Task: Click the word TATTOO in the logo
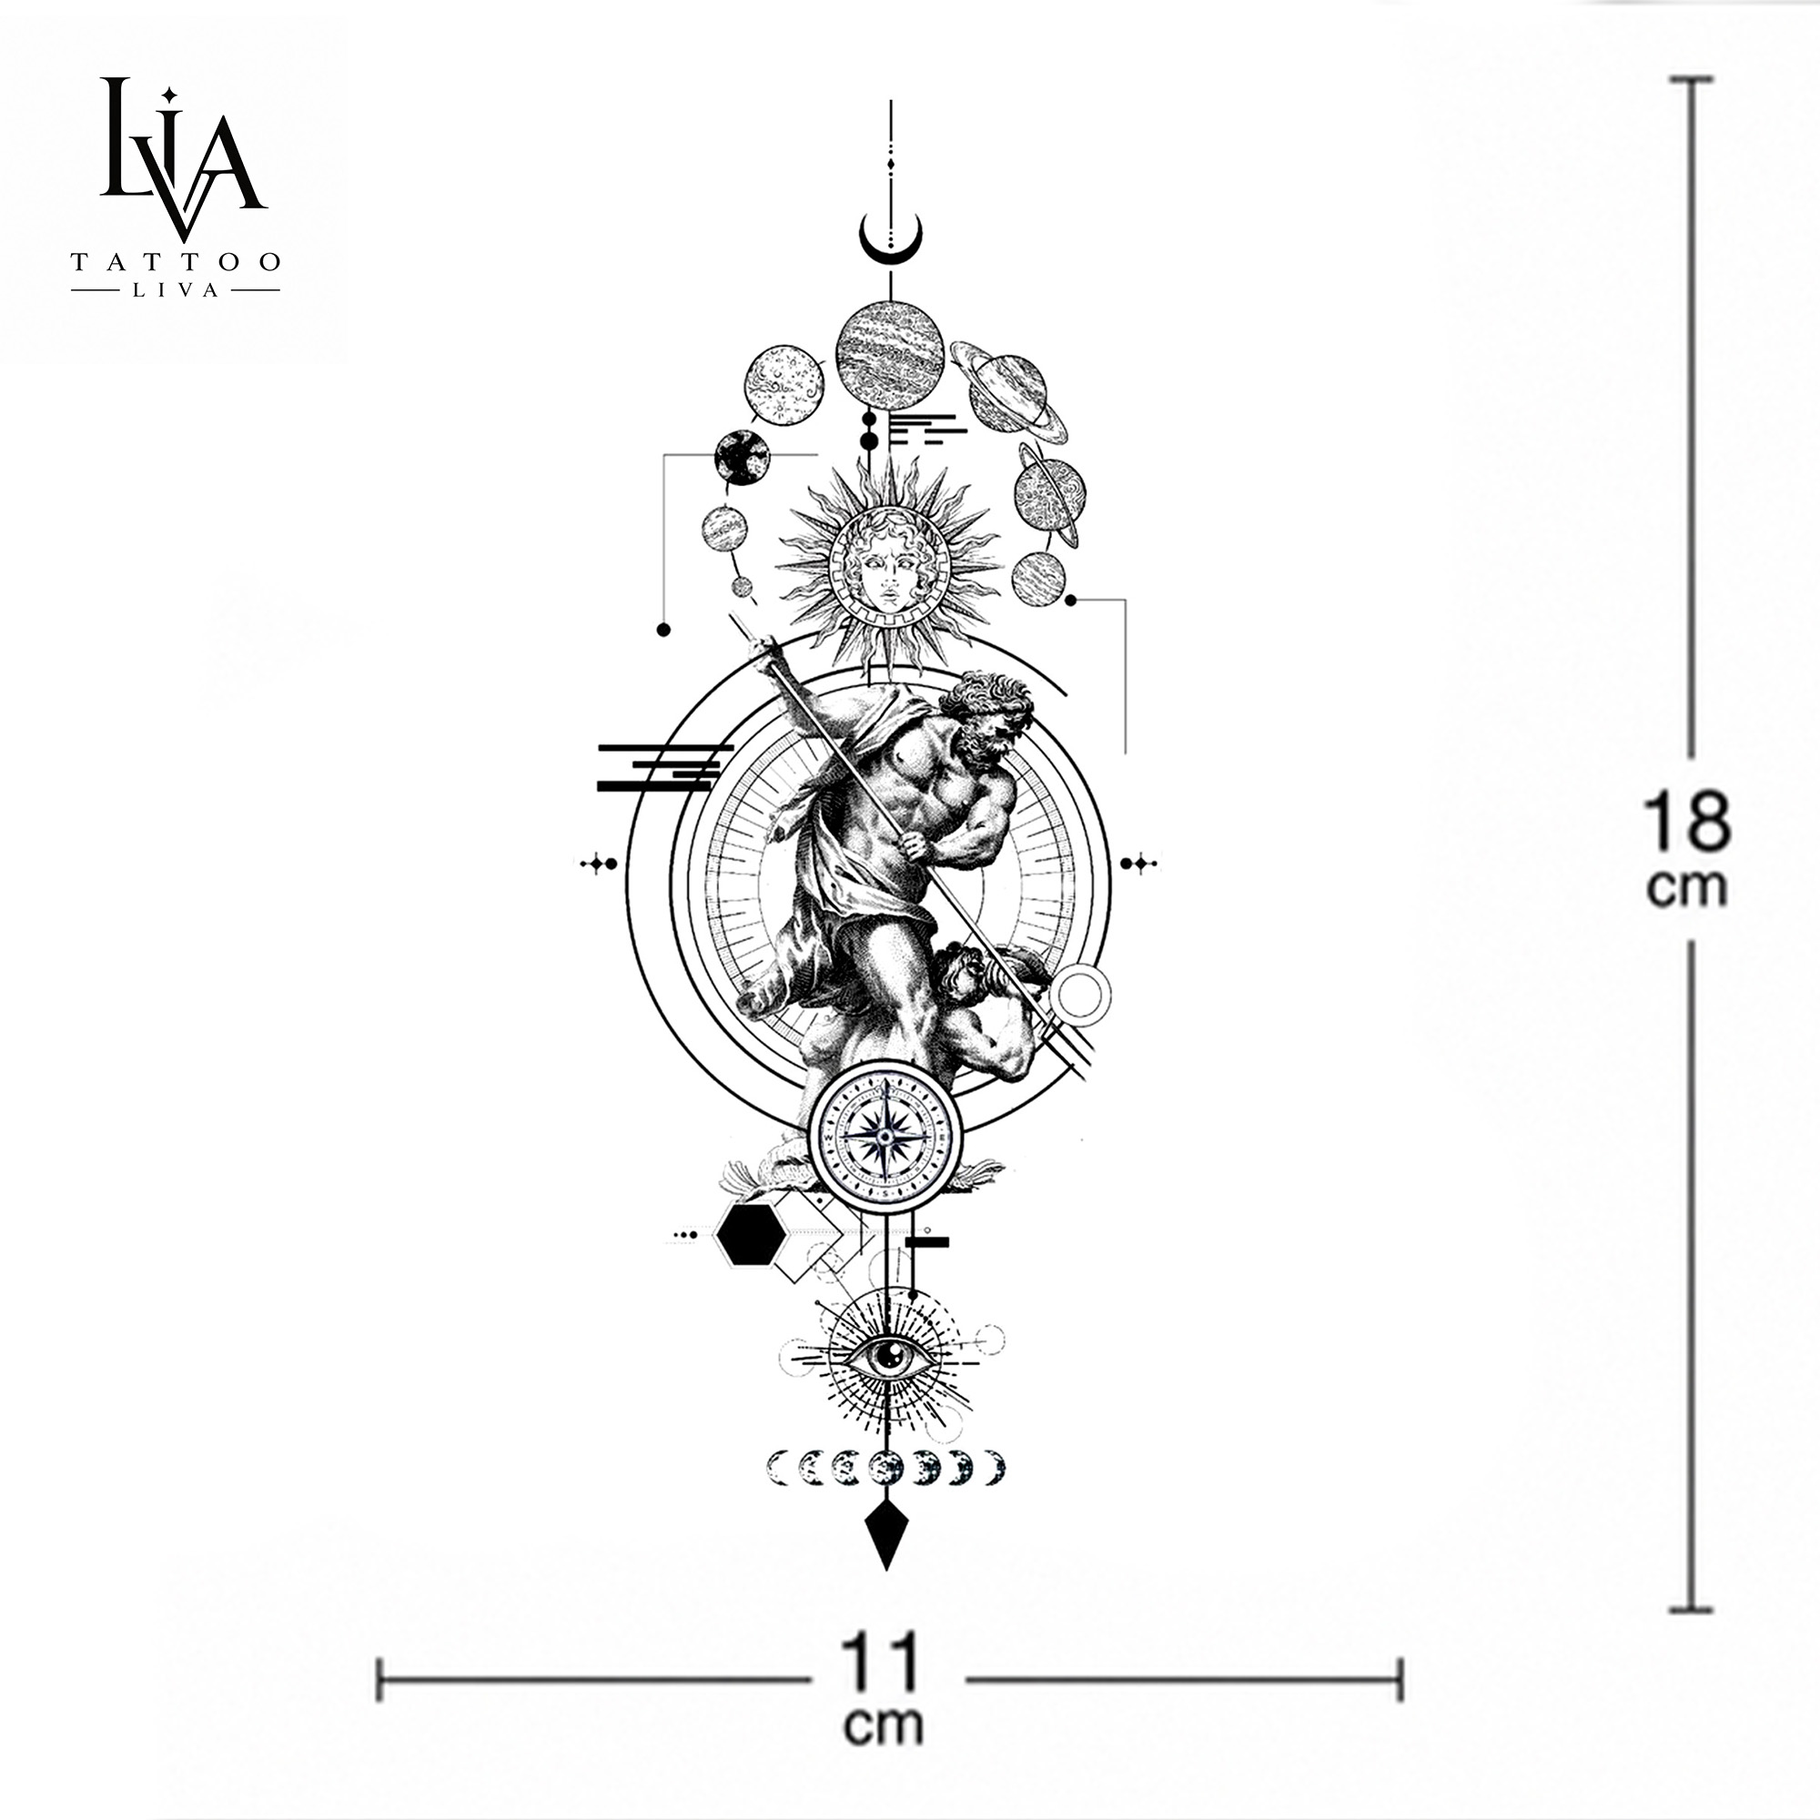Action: (x=176, y=262)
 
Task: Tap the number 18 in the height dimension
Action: (x=1686, y=822)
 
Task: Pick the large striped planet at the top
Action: (x=889, y=355)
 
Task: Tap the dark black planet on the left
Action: (x=742, y=458)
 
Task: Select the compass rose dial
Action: (x=885, y=1137)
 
